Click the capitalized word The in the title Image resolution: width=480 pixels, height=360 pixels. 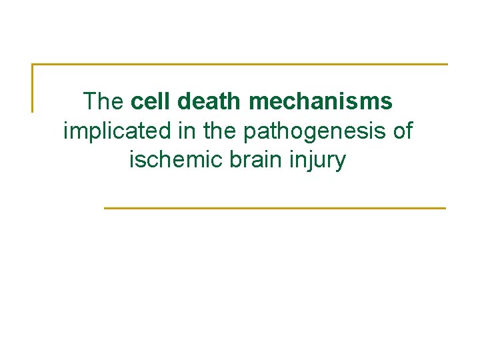pos(103,102)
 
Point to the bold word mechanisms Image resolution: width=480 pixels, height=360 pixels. pos(320,102)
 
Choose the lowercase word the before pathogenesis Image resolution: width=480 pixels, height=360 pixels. pos(221,131)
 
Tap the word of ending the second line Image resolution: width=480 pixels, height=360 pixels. pos(403,131)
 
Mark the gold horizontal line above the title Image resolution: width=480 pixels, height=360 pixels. pos(240,65)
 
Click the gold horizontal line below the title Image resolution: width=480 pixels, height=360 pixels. pos(275,208)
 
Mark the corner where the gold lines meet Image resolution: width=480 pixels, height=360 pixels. pos(33,65)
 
